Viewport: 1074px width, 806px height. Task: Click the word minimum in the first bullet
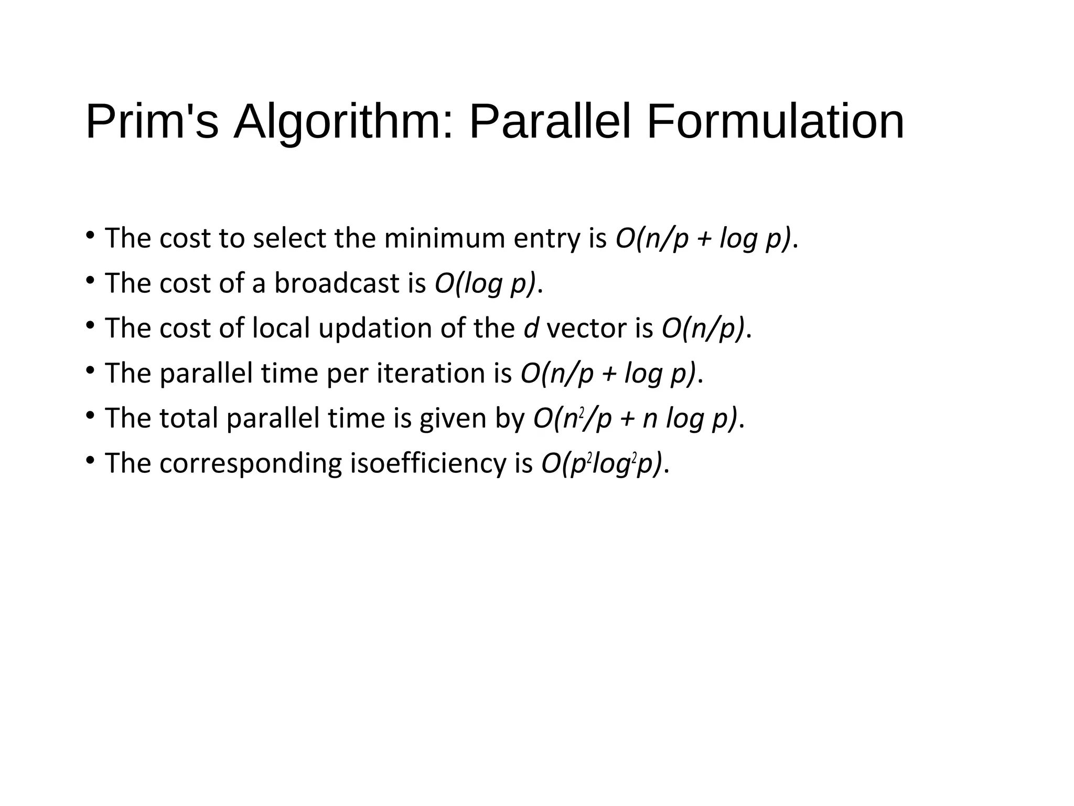[444, 238]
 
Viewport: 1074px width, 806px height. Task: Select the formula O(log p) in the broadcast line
[485, 283]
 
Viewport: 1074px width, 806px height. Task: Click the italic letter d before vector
[531, 328]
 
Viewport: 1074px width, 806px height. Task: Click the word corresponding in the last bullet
[250, 464]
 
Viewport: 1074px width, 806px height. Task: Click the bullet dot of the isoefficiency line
[90, 461]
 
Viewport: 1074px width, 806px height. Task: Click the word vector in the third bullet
[586, 328]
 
